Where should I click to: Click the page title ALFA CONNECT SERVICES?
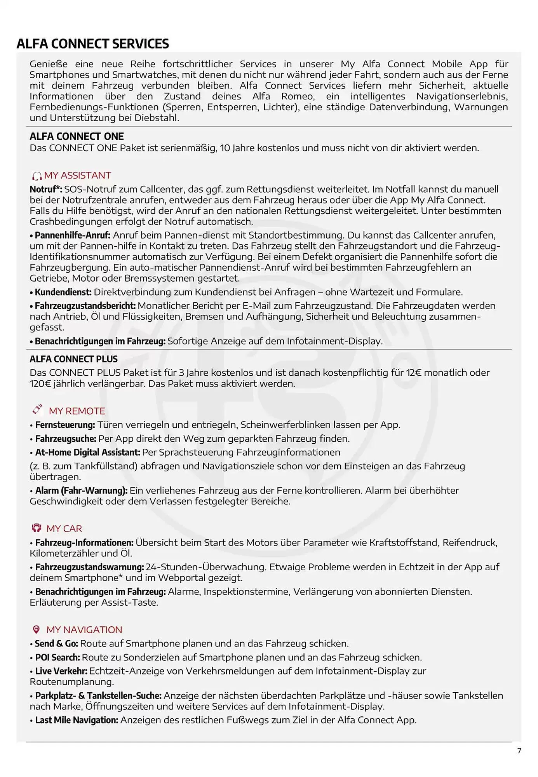[x=93, y=44]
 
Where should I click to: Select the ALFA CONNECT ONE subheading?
[x=77, y=136]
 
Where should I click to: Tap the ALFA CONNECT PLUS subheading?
[x=73, y=359]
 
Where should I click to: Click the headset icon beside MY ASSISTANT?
[x=37, y=176]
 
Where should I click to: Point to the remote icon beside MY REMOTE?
[x=37, y=409]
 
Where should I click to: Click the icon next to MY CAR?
[x=37, y=528]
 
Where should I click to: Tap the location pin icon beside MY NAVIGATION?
[x=37, y=629]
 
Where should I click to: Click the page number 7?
[x=519, y=751]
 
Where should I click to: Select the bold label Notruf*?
[x=46, y=190]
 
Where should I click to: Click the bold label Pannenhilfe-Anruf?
[x=73, y=235]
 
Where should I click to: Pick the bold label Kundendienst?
[x=63, y=292]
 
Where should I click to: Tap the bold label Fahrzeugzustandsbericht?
[x=85, y=306]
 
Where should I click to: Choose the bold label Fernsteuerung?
[x=65, y=425]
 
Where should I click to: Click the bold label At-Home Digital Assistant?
[x=87, y=453]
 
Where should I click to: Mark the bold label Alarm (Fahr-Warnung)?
[x=81, y=491]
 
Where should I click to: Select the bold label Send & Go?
[x=56, y=644]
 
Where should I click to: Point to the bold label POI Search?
[x=57, y=658]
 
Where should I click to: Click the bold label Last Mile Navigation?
[x=77, y=720]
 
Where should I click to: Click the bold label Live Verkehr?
[x=61, y=671]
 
